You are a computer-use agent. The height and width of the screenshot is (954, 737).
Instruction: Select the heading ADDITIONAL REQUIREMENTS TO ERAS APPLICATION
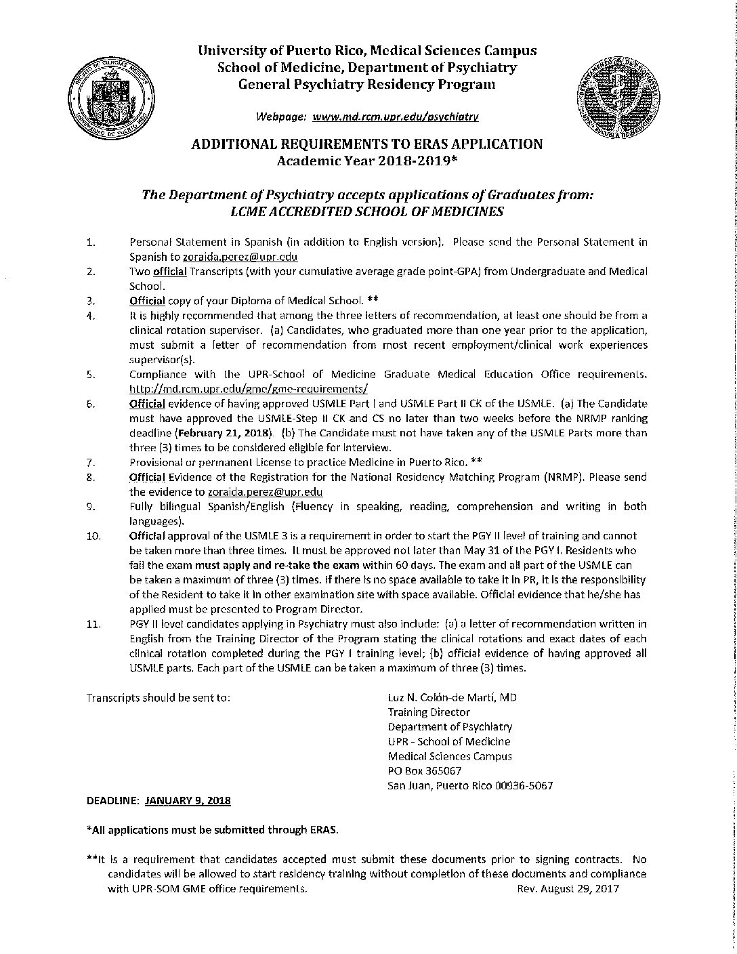click(367, 144)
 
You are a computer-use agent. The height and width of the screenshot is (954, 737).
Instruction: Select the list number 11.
click(93, 624)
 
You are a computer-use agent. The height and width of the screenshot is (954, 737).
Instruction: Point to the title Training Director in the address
click(428, 712)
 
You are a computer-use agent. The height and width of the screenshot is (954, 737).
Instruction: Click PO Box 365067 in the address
click(425, 771)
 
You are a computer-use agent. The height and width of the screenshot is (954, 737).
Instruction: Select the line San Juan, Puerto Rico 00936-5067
click(470, 786)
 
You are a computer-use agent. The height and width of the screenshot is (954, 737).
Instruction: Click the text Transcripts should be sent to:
click(159, 697)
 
